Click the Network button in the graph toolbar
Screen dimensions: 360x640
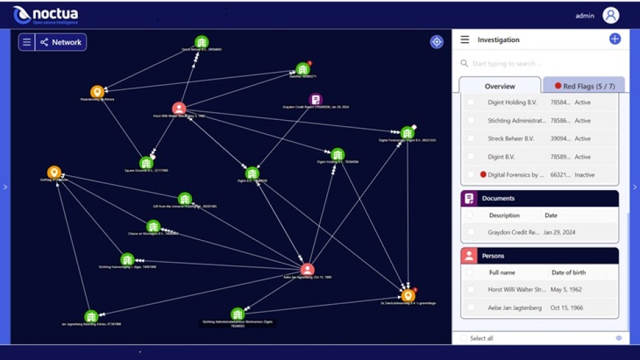click(61, 42)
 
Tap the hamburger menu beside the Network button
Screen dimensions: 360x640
click(27, 42)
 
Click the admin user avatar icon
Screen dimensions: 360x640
click(611, 15)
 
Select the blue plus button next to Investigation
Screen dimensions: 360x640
click(615, 39)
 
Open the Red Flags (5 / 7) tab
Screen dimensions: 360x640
click(583, 86)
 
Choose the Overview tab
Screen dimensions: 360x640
click(499, 86)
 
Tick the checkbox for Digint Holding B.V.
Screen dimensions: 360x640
click(471, 102)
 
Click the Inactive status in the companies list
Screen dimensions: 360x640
click(585, 175)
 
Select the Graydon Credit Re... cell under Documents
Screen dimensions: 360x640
click(514, 232)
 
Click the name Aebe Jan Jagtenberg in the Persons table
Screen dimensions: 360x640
click(515, 307)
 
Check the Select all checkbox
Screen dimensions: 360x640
click(464, 339)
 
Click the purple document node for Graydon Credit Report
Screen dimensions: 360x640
click(316, 99)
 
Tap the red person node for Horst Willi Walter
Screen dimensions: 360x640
click(179, 108)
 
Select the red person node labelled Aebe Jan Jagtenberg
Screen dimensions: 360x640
click(307, 269)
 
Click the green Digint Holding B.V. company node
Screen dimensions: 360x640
click(338, 154)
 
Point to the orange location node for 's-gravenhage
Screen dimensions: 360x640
click(408, 295)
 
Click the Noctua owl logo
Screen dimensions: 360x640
click(22, 15)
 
